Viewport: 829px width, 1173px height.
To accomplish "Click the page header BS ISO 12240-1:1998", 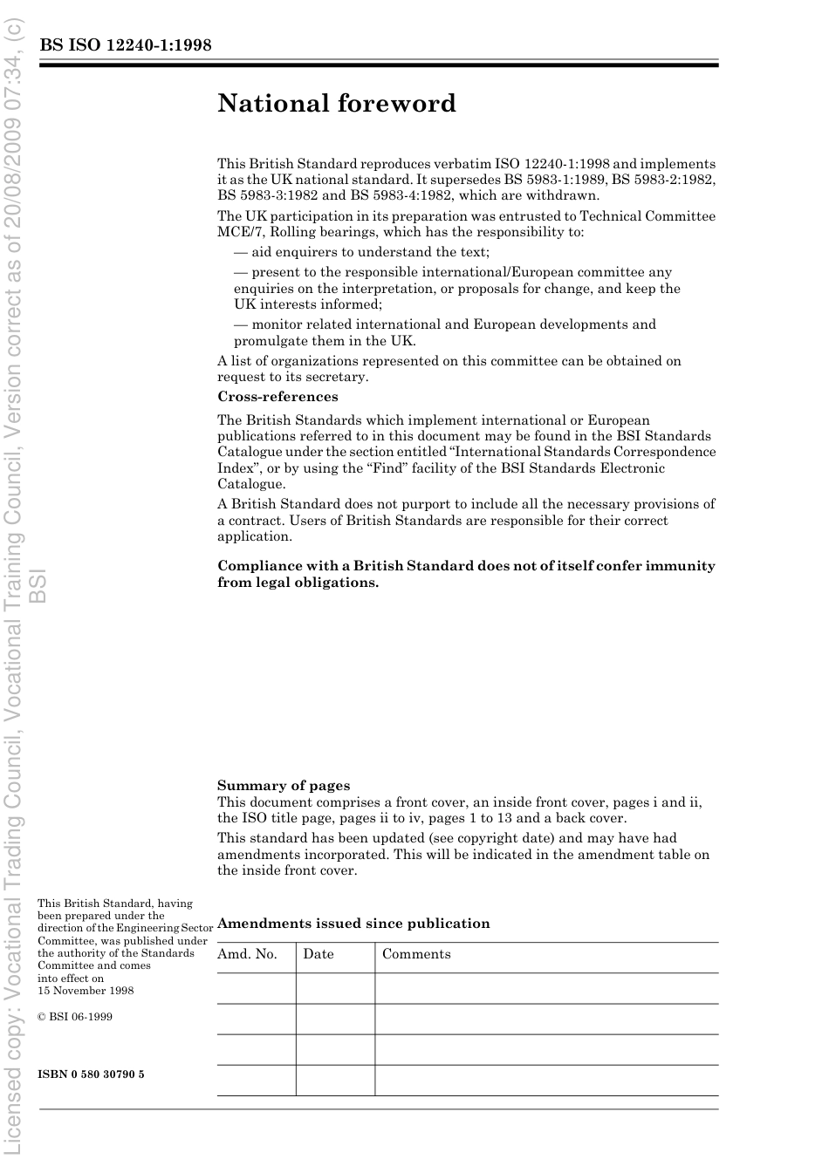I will pos(125,46).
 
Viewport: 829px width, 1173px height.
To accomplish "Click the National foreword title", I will pos(337,104).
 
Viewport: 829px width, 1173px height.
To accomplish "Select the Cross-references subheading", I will pos(277,397).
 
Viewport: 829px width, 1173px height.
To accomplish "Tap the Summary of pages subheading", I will pos(284,786).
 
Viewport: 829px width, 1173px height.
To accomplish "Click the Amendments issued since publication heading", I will pos(353,924).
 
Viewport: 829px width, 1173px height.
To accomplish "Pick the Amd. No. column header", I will pos(247,954).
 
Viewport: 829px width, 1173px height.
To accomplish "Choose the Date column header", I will pos(319,954).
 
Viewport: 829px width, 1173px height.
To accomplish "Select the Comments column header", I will pos(416,954).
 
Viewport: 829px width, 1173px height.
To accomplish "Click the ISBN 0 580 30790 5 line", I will pos(92,1074).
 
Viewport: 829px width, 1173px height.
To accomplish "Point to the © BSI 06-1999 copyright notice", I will pos(75,1017).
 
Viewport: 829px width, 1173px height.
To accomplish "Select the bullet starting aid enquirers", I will pos(362,253).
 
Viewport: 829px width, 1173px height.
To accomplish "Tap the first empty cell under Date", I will pos(335,988).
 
